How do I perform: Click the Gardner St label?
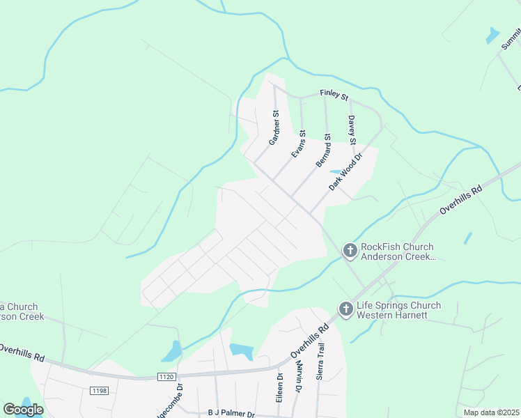(274, 127)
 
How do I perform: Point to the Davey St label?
(352, 130)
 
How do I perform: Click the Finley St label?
(334, 94)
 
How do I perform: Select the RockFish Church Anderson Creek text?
(397, 251)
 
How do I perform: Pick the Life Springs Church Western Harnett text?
(398, 310)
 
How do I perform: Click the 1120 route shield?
(165, 377)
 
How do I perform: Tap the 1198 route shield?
(99, 391)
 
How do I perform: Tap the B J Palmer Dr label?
(232, 413)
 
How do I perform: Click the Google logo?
(23, 410)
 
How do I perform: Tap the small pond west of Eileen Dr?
(241, 351)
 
